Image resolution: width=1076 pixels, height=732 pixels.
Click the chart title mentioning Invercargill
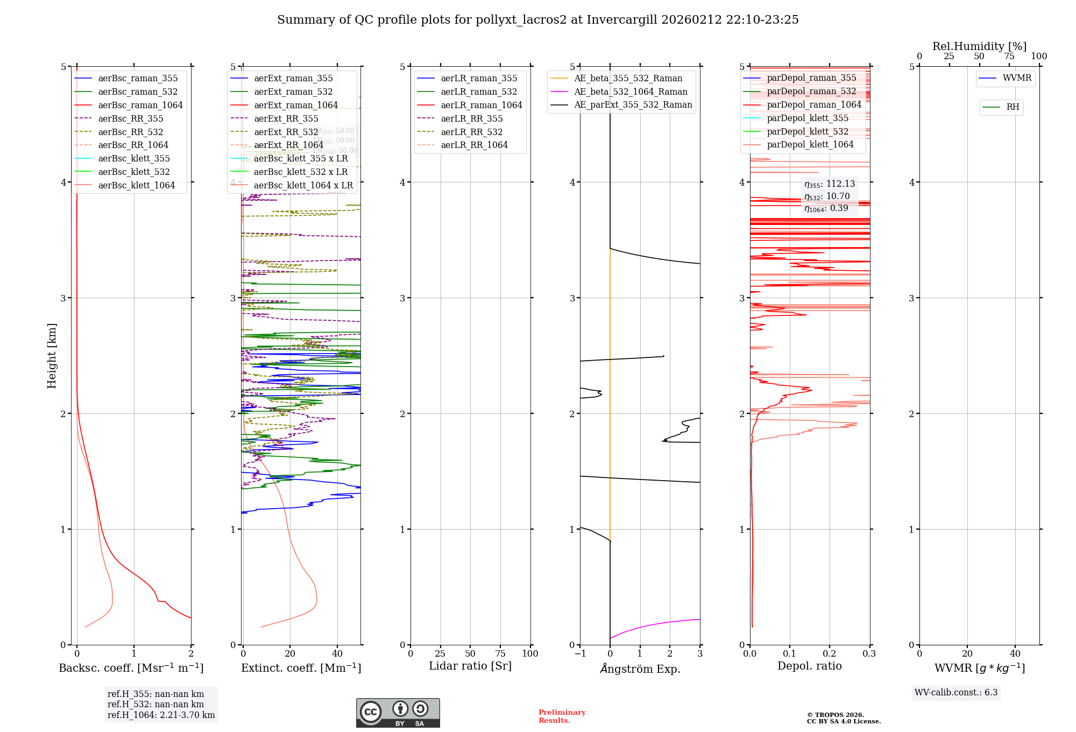pos(537,20)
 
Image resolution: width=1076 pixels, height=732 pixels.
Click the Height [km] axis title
pos(52,355)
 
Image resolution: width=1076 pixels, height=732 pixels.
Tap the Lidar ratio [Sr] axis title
pos(470,666)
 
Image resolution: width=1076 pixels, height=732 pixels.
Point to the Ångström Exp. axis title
pos(640,668)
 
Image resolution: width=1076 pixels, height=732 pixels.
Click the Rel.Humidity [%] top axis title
pos(979,46)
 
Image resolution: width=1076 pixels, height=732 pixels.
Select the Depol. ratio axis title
pos(809,666)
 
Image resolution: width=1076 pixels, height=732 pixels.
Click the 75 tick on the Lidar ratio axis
pos(500,653)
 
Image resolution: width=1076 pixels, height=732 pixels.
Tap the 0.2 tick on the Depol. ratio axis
pos(830,653)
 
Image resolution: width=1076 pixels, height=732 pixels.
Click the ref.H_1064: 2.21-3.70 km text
pos(161,715)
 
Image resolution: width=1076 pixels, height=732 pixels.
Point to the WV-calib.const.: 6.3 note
pos(955,692)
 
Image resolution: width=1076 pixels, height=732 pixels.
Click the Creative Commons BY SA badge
pos(398,713)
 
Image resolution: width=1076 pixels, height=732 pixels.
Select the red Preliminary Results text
pos(562,716)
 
